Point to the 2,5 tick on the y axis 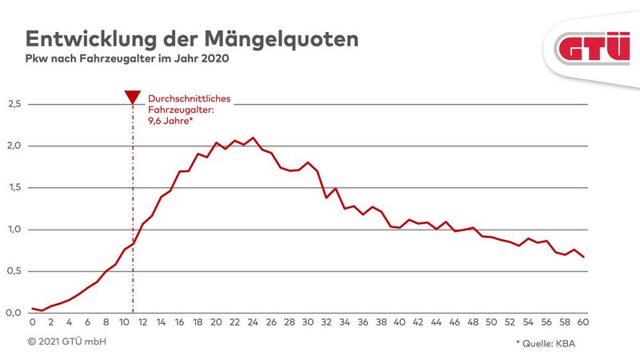pos(14,105)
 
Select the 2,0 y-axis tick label pos(14,146)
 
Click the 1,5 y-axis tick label pos(14,188)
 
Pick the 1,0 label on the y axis pos(14,230)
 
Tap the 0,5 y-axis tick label pos(14,271)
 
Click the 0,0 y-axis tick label pos(14,313)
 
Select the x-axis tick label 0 pos(32,323)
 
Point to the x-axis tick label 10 pos(124,323)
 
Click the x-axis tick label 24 pos(253,323)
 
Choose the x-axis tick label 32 pos(326,323)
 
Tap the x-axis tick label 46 pos(455,323)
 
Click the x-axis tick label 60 pos(584,323)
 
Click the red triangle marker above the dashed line pos(133,98)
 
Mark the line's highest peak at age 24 pos(253,138)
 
